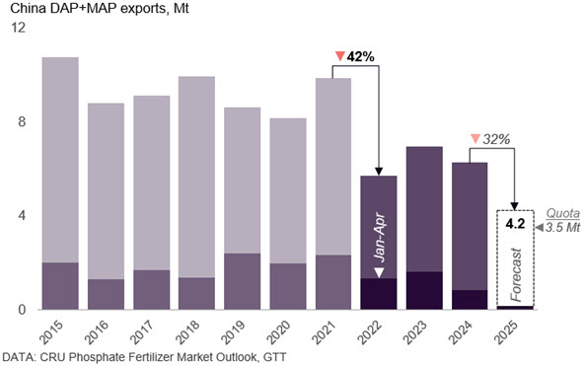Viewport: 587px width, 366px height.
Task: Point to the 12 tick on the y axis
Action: click(14, 29)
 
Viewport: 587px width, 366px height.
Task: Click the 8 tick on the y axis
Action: click(17, 122)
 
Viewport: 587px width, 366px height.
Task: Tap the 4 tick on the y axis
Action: click(17, 216)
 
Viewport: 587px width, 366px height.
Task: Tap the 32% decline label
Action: click(495, 140)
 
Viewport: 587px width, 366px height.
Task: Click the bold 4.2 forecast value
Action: click(514, 223)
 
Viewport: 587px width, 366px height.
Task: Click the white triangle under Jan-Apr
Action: click(378, 272)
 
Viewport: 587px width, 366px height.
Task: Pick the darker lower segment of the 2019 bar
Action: click(242, 281)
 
